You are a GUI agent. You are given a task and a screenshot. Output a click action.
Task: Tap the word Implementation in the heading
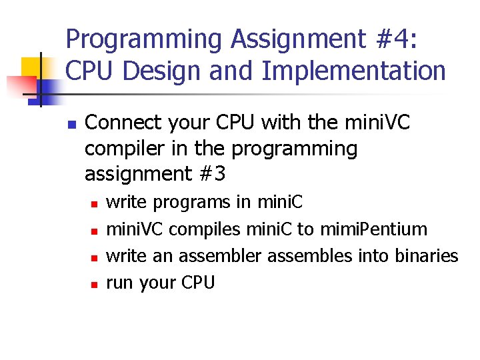click(354, 71)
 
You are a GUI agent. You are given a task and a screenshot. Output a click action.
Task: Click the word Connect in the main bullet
click(124, 123)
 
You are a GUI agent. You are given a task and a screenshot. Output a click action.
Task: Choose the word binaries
click(425, 256)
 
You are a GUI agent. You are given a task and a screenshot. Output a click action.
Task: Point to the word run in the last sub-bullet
click(120, 283)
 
